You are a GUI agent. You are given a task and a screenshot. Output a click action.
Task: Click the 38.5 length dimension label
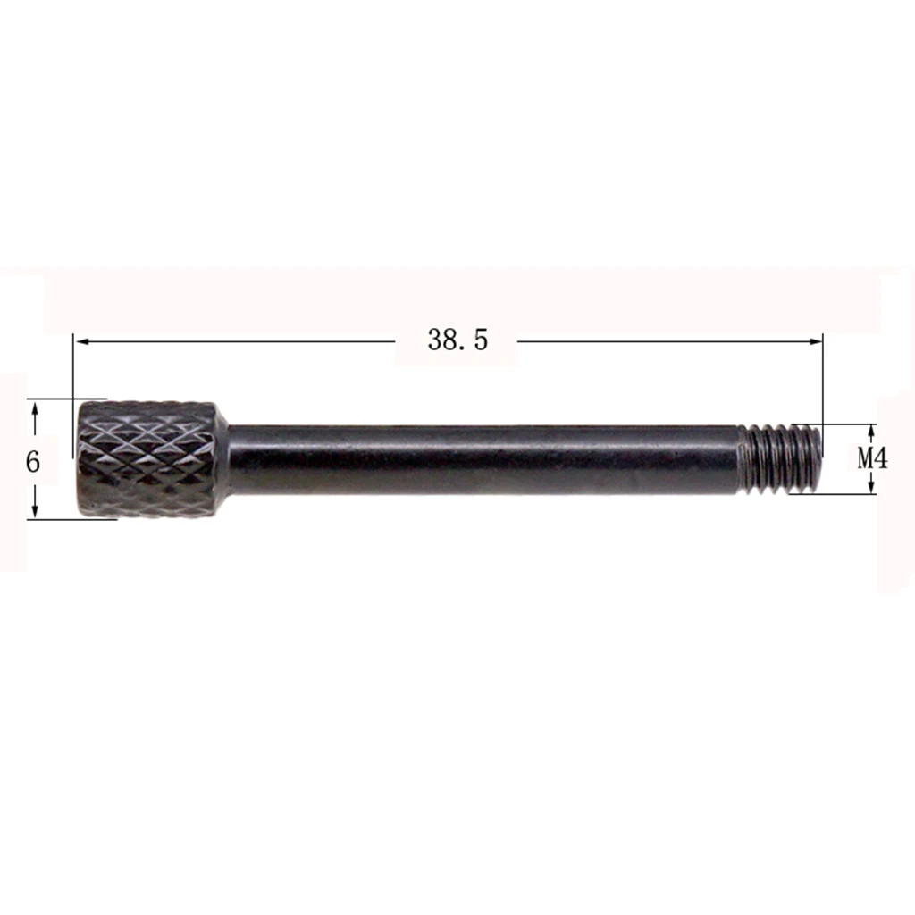[x=457, y=340]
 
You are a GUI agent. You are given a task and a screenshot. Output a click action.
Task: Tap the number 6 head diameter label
[x=33, y=462]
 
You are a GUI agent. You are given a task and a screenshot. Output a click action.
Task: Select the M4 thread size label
[x=872, y=458]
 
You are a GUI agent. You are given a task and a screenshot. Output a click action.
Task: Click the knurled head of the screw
[x=147, y=459]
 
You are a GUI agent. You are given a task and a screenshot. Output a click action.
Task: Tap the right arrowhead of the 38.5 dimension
[x=815, y=341]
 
